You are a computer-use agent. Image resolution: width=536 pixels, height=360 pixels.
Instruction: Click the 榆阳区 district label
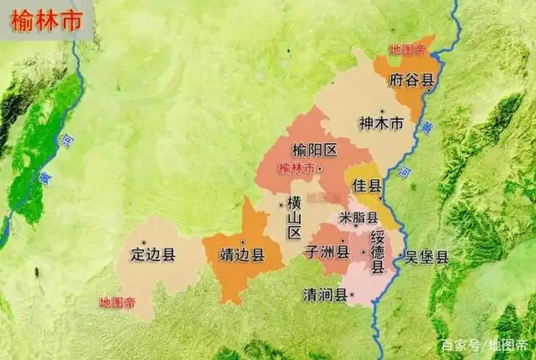click(314, 150)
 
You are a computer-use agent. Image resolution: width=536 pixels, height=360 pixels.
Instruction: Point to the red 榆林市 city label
click(296, 168)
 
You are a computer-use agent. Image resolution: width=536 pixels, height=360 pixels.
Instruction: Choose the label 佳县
click(366, 186)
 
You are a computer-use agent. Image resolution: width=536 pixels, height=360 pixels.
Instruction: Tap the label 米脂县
click(358, 217)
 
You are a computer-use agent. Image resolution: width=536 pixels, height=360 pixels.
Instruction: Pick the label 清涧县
click(324, 294)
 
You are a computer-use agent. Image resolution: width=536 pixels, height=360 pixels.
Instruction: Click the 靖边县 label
click(242, 255)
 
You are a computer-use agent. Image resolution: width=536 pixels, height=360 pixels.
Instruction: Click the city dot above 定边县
click(144, 242)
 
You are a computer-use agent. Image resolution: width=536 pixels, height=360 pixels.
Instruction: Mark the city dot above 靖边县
click(243, 242)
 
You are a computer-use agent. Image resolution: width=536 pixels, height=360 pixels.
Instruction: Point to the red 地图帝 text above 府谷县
click(408, 49)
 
